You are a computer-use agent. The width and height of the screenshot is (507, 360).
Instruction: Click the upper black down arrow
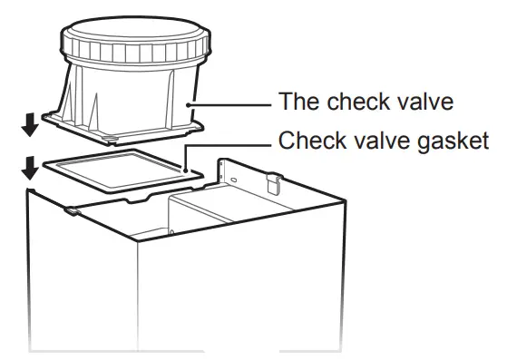point(31,126)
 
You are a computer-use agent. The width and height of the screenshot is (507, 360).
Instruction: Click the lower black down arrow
point(31,168)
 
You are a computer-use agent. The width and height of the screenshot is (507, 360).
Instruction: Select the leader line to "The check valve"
point(231,104)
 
